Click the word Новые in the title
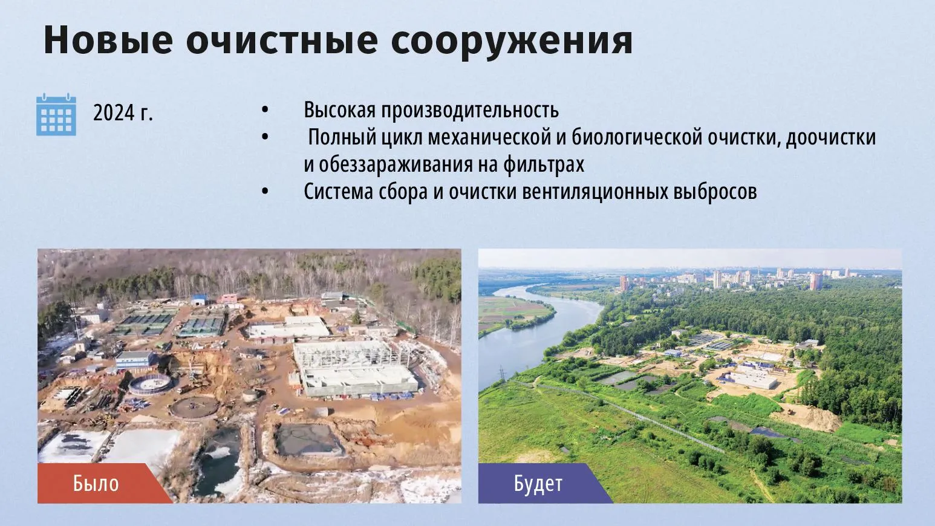(108, 40)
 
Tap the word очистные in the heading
(282, 40)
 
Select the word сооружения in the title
(512, 42)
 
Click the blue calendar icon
(56, 114)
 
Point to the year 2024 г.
(123, 112)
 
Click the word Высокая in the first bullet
(340, 109)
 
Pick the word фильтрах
(544, 165)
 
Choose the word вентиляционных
(595, 192)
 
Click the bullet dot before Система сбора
(265, 192)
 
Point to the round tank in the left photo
(150, 385)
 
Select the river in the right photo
(538, 334)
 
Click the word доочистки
(831, 138)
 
